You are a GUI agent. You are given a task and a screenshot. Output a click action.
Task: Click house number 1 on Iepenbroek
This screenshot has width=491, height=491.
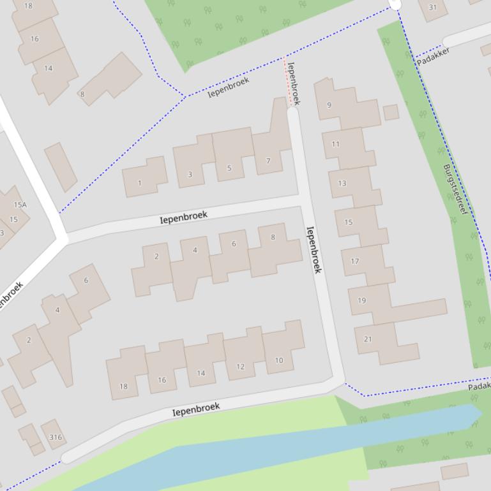point(140,183)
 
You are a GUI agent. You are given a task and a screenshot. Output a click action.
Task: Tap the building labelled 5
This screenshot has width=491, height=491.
point(229,168)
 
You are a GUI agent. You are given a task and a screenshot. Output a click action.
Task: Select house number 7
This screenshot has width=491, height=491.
point(268,161)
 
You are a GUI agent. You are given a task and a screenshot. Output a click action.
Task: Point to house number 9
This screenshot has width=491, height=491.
point(329,105)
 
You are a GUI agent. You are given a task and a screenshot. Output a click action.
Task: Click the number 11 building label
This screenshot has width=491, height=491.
point(335,144)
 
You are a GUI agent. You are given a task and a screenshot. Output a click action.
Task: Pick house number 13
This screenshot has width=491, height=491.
point(342,183)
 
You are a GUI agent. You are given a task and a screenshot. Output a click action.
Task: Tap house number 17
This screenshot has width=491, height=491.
point(355,261)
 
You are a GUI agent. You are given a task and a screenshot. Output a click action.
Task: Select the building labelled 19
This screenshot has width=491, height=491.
point(362,300)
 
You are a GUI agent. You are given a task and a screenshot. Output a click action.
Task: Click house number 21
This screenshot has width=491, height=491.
point(368,339)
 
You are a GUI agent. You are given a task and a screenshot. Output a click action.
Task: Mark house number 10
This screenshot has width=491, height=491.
point(279,360)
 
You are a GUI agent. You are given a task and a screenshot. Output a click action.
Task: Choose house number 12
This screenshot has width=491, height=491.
point(240,367)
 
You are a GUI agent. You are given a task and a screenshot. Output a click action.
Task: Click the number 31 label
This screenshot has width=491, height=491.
point(433,8)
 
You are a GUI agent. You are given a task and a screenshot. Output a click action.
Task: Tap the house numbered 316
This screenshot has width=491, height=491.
point(56,437)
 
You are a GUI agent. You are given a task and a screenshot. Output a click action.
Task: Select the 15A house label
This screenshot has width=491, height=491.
point(20,205)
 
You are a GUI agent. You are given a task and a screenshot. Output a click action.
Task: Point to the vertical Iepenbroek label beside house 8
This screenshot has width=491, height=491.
point(313,249)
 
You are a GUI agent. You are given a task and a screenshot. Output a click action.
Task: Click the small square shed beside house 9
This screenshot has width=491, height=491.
point(391,112)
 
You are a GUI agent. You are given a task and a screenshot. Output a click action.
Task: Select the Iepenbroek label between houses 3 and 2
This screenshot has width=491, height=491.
point(184,217)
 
